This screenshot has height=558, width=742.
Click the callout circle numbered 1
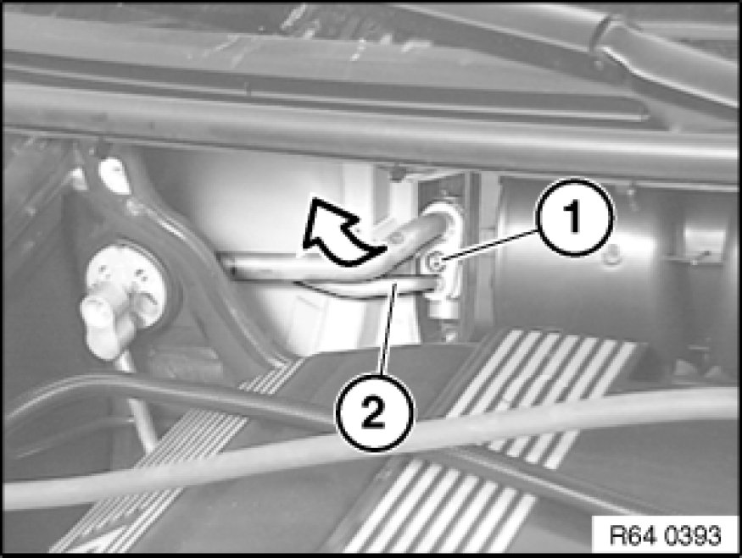[x=573, y=217]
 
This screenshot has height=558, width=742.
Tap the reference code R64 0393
[x=664, y=535]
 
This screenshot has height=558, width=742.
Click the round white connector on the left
[x=128, y=284]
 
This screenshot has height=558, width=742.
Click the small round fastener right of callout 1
[x=611, y=256]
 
